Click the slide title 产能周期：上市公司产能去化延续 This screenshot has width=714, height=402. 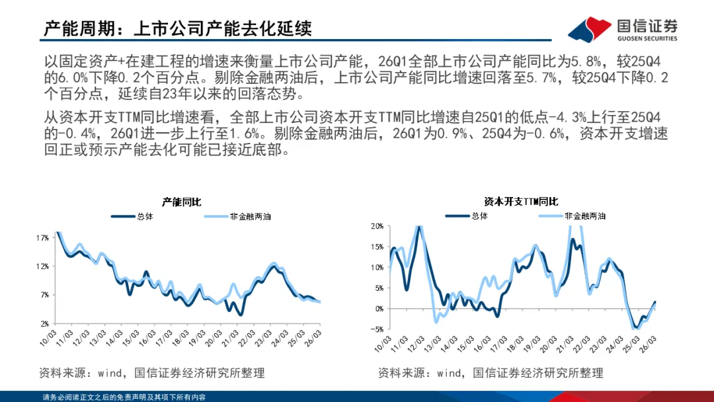178,28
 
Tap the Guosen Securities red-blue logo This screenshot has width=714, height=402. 589,30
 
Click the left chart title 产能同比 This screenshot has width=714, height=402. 182,202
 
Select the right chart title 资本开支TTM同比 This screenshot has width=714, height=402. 521,202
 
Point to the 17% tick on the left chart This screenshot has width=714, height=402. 42,238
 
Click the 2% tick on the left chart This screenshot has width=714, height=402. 44,324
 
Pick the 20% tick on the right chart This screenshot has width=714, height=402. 377,226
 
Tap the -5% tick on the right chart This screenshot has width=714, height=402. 377,329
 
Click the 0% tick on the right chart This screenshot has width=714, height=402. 379,309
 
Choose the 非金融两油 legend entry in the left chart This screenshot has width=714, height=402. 238,217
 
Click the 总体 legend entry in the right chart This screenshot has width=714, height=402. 467,216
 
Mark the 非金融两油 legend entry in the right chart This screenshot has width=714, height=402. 573,216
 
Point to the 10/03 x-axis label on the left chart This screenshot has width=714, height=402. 48,338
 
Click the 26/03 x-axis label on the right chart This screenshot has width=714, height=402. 648,344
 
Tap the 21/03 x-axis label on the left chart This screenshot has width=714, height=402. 230,338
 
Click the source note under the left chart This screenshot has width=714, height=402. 151,374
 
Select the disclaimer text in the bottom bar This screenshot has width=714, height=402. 124,397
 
